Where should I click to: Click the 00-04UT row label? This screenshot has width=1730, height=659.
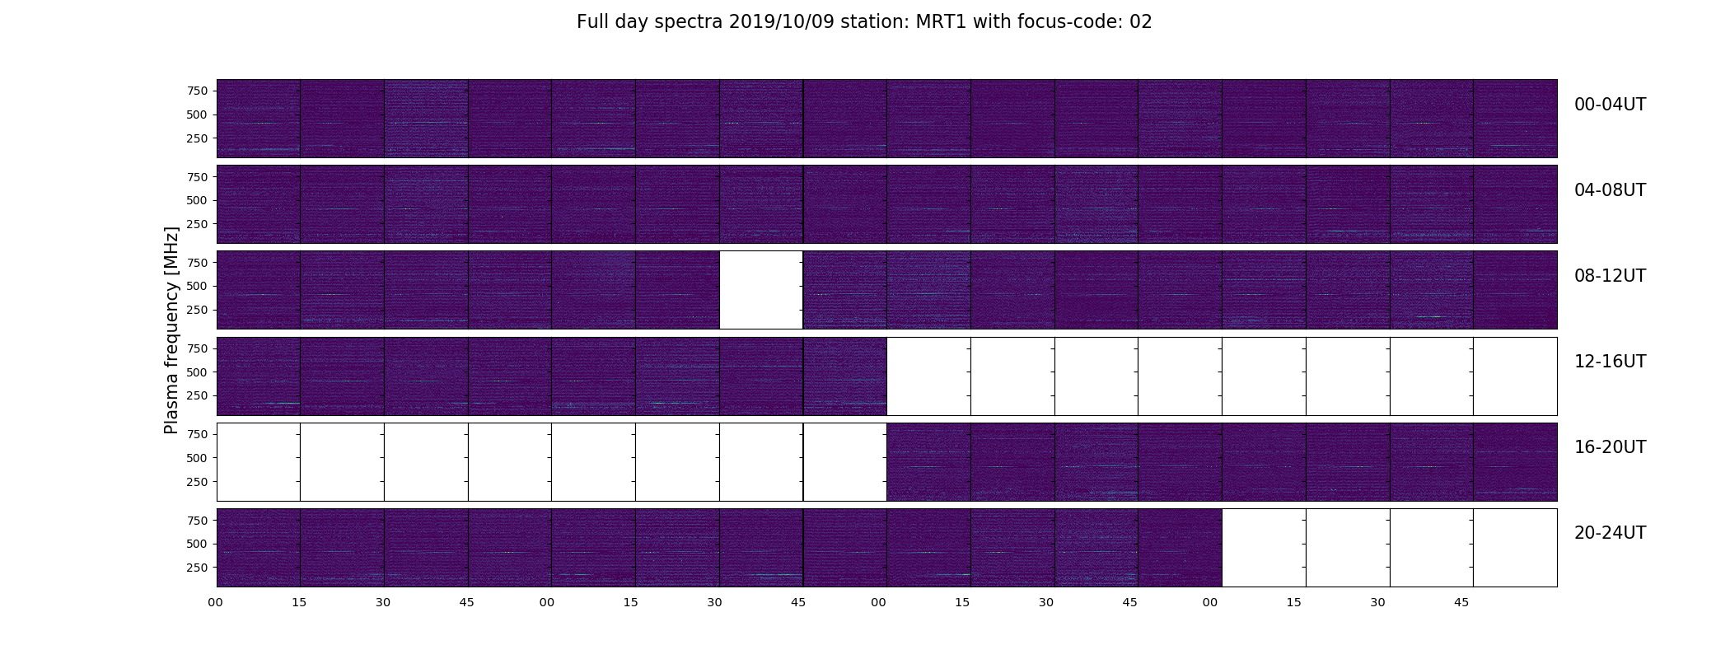click(x=1610, y=105)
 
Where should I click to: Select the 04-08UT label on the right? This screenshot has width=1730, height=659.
click(x=1610, y=190)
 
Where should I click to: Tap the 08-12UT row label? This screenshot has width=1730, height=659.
click(x=1610, y=276)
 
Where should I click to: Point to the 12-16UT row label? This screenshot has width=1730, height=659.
click(x=1610, y=362)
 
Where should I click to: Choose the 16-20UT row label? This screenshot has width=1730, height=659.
click(x=1610, y=447)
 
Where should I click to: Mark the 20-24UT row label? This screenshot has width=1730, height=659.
click(x=1610, y=533)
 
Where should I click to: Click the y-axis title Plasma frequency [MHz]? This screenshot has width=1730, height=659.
click(x=171, y=330)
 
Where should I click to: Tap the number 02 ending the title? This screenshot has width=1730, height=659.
click(x=1141, y=22)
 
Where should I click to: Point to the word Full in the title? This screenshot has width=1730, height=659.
click(x=592, y=22)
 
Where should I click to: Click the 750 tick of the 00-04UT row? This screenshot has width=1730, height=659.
click(x=197, y=91)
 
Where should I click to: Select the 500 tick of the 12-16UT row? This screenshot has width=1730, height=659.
click(x=197, y=372)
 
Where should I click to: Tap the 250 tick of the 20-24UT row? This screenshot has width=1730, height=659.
click(x=197, y=568)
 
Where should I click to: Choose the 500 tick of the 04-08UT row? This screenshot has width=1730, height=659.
click(x=197, y=200)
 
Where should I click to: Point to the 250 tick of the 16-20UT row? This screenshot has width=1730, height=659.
click(x=197, y=482)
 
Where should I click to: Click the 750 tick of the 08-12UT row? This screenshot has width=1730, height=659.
click(x=197, y=263)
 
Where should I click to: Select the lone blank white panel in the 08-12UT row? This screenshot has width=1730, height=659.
click(x=761, y=290)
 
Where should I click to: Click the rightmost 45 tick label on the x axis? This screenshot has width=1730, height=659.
click(x=1461, y=603)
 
